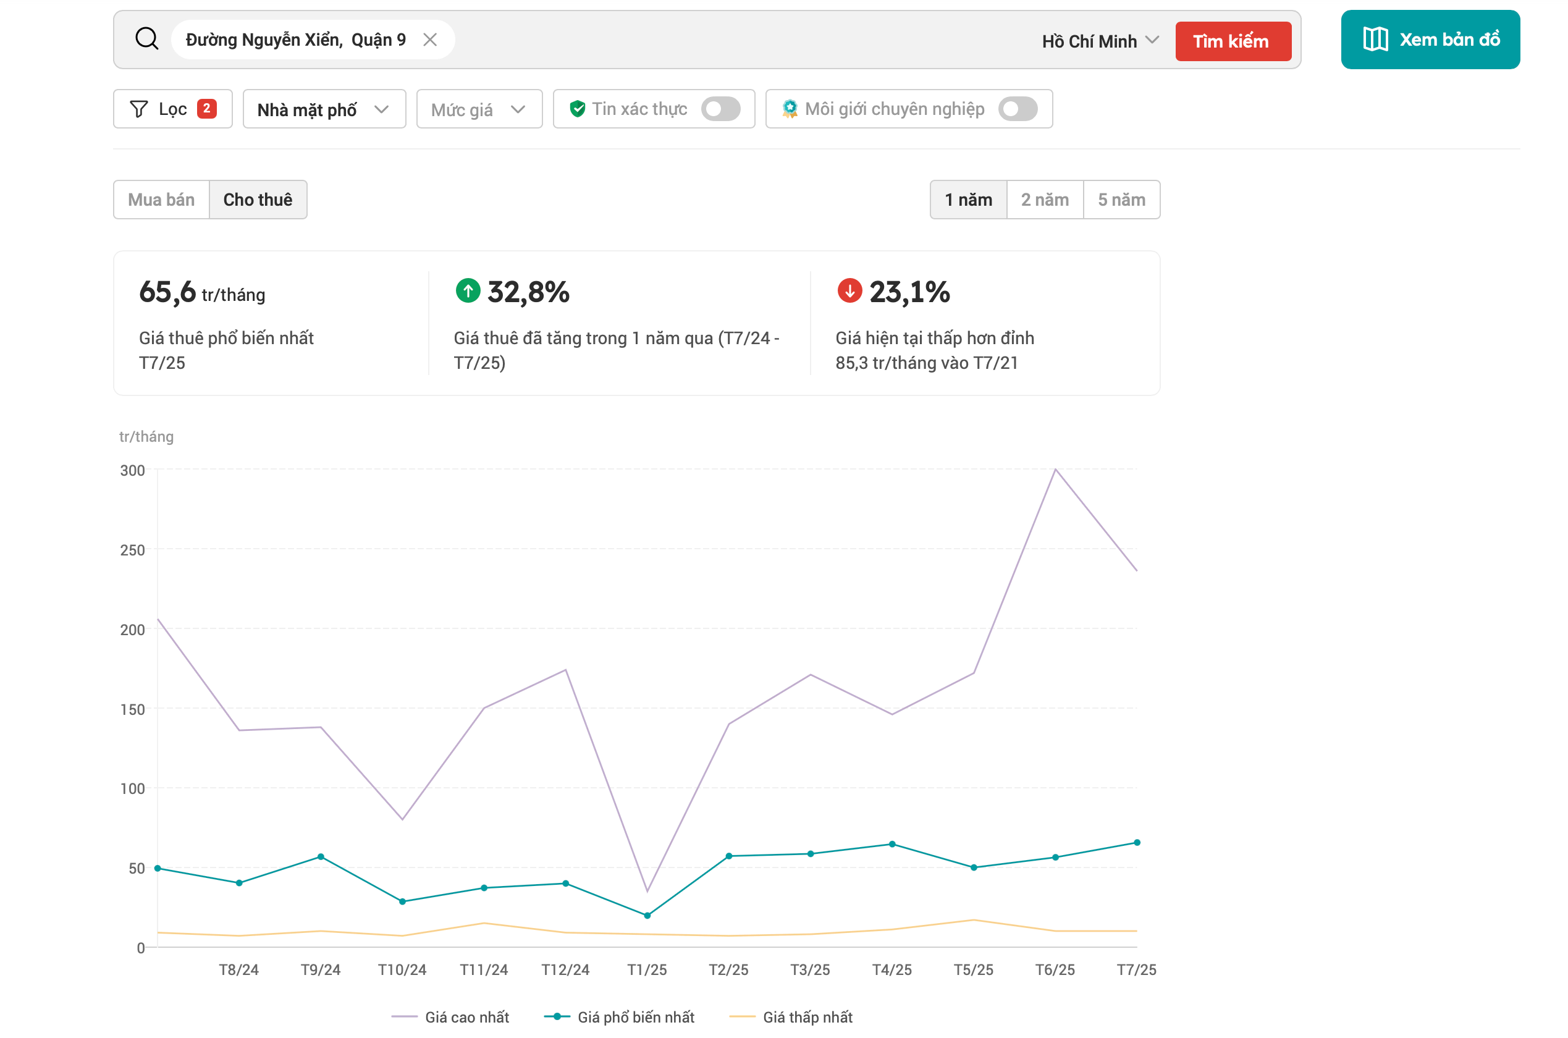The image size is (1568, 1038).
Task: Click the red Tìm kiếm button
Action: (x=1233, y=41)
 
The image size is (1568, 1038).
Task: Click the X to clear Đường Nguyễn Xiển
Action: (x=430, y=40)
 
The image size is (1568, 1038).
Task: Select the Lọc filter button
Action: (x=173, y=109)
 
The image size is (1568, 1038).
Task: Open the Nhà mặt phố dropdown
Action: (x=324, y=109)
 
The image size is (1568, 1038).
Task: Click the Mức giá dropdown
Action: (x=479, y=109)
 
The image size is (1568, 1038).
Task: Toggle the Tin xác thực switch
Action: (x=721, y=109)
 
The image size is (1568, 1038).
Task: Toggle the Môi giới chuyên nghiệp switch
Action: (x=1018, y=109)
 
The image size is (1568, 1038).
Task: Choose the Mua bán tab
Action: (x=161, y=199)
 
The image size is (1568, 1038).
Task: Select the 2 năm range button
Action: (x=1045, y=199)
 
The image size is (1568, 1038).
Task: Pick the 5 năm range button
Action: (x=1122, y=199)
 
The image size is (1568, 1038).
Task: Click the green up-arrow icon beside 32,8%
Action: (x=468, y=290)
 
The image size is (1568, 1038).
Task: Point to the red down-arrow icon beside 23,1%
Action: (x=850, y=290)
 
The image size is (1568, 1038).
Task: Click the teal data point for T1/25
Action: (x=647, y=916)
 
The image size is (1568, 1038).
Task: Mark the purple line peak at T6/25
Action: (x=1056, y=470)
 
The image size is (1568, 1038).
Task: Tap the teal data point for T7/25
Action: (x=1137, y=843)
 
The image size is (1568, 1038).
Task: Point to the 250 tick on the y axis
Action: (x=132, y=550)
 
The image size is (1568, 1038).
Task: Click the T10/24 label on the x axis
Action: (x=402, y=970)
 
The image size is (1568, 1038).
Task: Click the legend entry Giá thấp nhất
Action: (x=791, y=1017)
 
